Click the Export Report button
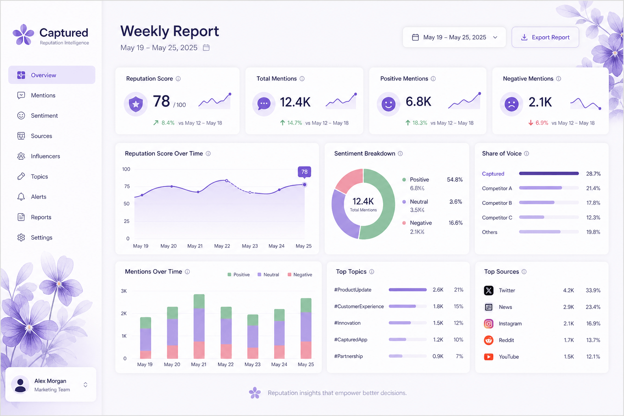pos(545,37)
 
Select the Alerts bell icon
pos(21,197)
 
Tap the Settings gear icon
pos(21,237)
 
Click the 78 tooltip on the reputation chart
pos(304,171)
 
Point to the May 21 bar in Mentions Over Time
pos(199,326)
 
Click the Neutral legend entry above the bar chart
pos(268,275)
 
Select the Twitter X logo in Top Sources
pos(489,290)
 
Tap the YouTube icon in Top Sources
pos(489,357)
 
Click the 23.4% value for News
pos(593,307)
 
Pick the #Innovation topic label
pos(347,323)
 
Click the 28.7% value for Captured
pos(594,174)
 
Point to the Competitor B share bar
pos(537,203)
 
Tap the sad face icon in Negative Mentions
pos(511,104)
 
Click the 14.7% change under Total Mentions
pos(295,123)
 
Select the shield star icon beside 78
pos(136,104)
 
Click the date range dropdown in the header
pos(454,37)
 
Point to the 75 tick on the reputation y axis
pos(127,186)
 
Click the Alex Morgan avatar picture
pos(20,384)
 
